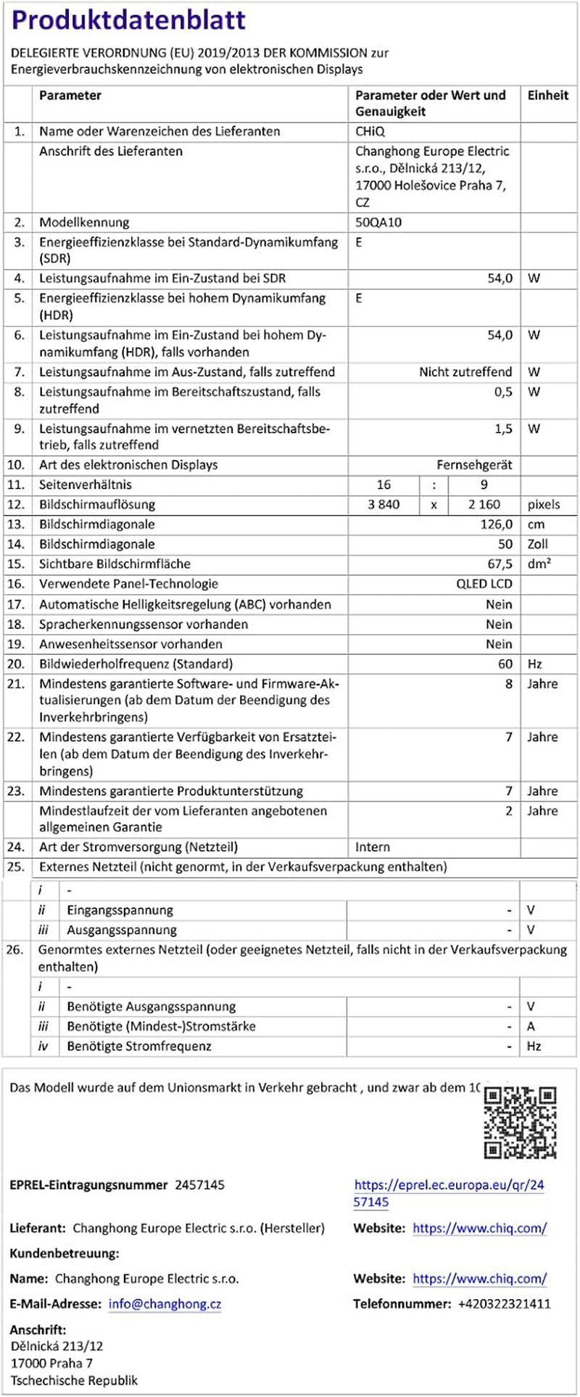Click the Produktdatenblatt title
[128, 20]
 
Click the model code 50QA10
[378, 223]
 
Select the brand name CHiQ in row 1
[370, 131]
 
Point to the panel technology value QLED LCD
[484, 584]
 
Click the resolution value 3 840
[384, 505]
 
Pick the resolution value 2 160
[484, 505]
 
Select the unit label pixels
[544, 505]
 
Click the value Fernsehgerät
[474, 465]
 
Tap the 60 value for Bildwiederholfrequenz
[505, 664]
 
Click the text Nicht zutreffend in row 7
[465, 372]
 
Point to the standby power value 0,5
[503, 392]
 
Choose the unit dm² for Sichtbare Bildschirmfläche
[539, 564]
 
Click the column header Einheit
[547, 95]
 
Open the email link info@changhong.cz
[165, 1303]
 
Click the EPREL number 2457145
[199, 1185]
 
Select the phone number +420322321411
[504, 1303]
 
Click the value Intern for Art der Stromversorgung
[373, 847]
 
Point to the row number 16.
[16, 584]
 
